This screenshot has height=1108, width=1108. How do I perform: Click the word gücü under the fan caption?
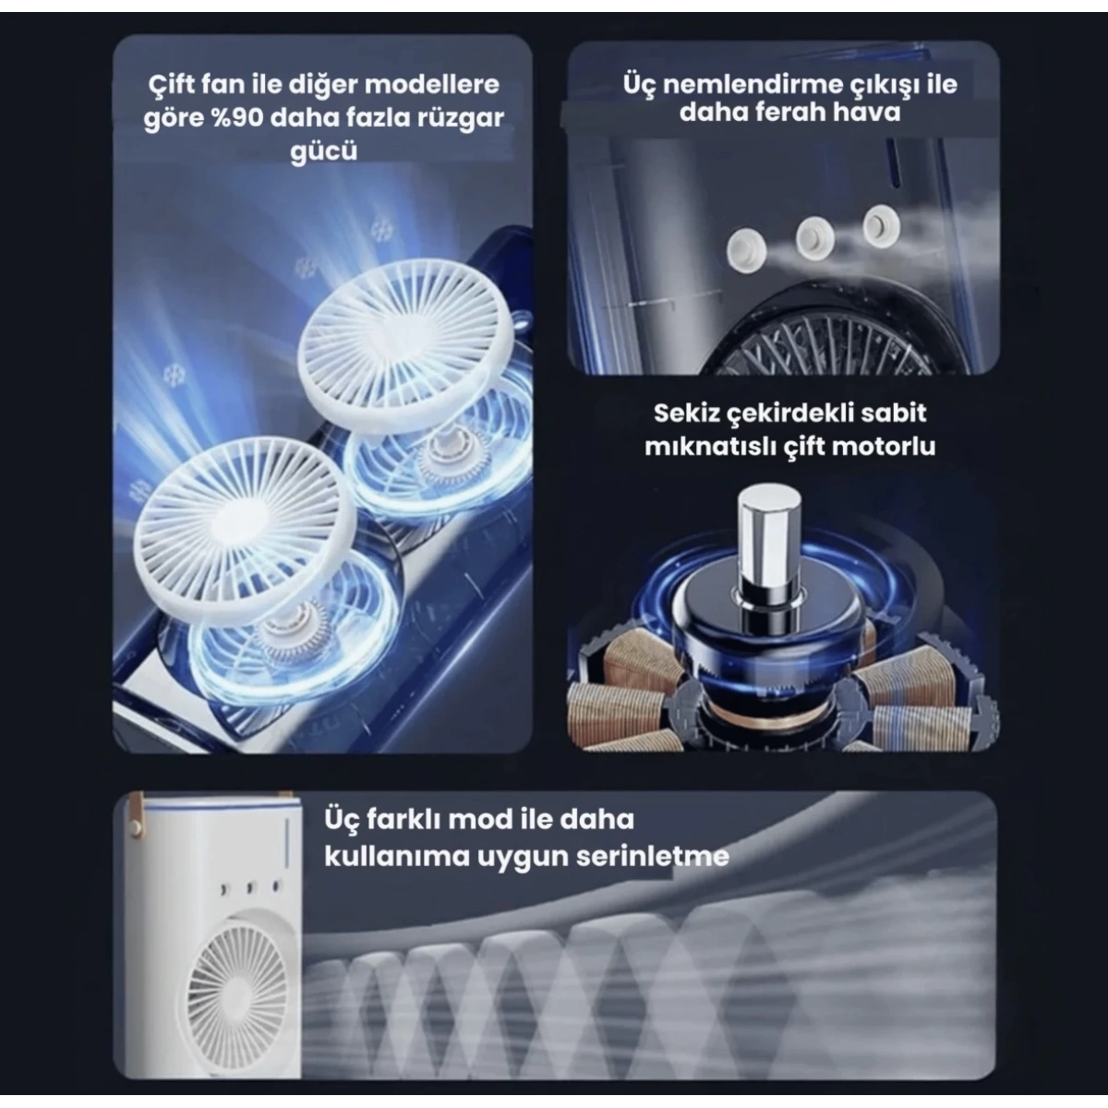click(324, 151)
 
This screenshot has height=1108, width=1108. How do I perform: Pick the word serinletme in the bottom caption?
click(653, 856)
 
